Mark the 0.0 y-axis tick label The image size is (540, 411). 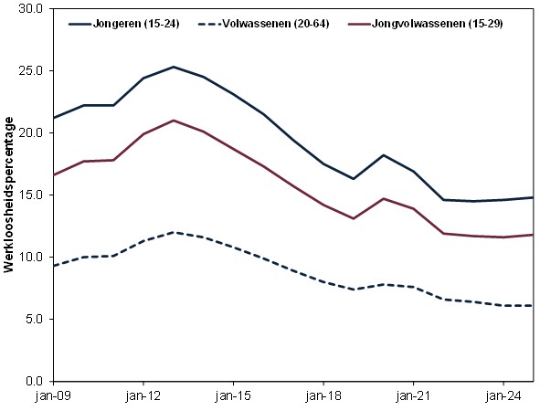point(34,381)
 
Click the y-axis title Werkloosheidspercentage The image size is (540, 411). point(11,195)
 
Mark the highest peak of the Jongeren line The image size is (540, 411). point(173,67)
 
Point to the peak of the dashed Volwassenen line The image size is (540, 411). point(173,232)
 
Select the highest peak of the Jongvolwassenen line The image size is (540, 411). point(173,121)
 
